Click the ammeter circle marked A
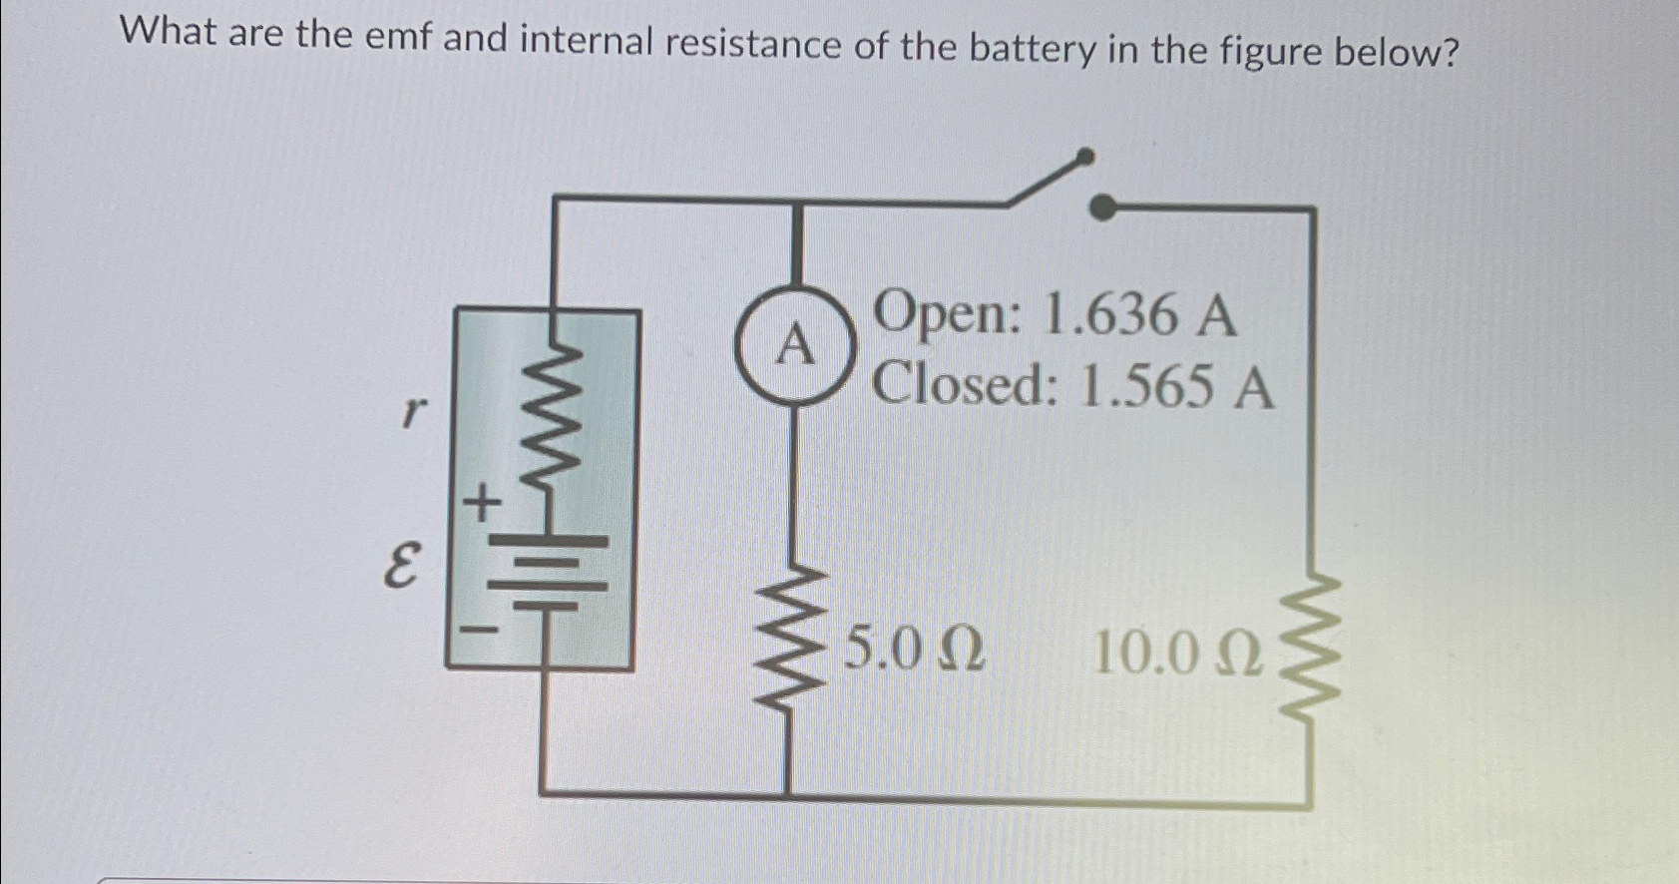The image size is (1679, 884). pos(794,345)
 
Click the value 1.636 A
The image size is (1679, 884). pos(1137,315)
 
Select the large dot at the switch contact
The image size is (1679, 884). pos(1102,208)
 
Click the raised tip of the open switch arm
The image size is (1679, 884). pos(1085,156)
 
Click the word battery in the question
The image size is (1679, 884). pos(1033,47)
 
